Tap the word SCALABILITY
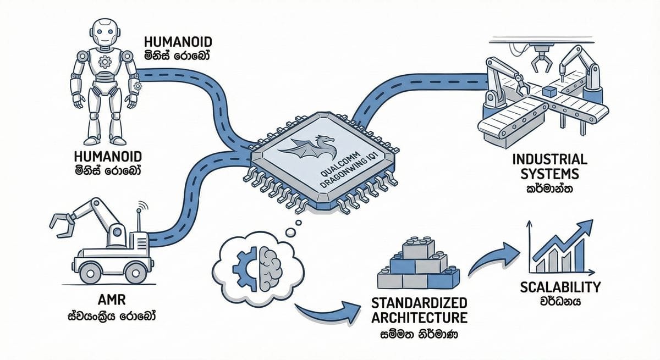pyautogui.click(x=560, y=287)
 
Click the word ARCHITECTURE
pyautogui.click(x=420, y=318)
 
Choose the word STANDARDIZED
pyautogui.click(x=420, y=304)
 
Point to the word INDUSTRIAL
pyautogui.click(x=549, y=160)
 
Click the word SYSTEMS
pyautogui.click(x=549, y=174)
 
